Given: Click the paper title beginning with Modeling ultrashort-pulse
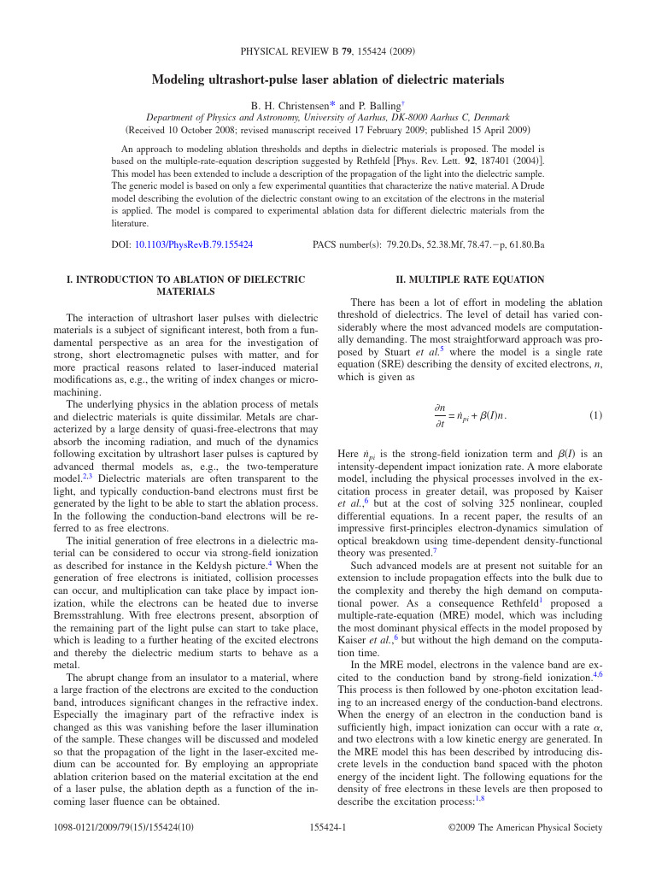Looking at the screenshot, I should point(328,80).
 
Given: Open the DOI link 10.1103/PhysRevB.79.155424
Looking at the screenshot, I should point(193,244).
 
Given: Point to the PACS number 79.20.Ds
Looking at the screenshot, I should point(408,244).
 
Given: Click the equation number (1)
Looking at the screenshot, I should point(595,415).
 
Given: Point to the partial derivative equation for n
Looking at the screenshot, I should point(470,416).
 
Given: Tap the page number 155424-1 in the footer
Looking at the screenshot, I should point(327,827).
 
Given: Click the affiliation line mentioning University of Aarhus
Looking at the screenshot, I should point(328,118).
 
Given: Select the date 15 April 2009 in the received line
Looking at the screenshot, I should point(491,131).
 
